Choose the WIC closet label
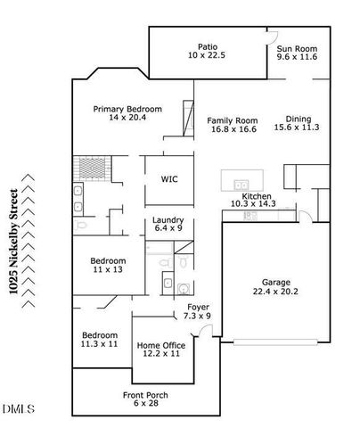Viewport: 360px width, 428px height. pyautogui.click(x=169, y=178)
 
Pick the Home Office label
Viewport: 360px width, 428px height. pyautogui.click(x=160, y=349)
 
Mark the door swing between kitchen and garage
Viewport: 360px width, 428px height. pyautogui.click(x=304, y=215)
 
